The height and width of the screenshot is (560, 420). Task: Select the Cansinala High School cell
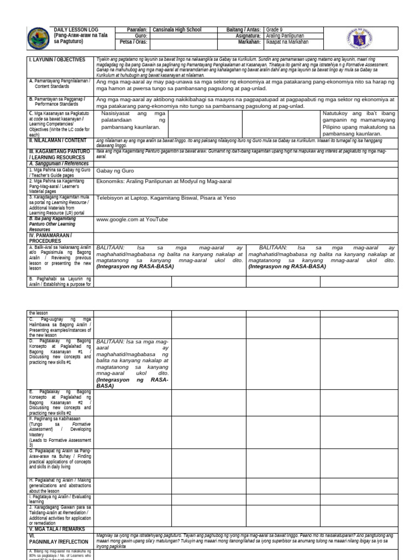coord(177,30)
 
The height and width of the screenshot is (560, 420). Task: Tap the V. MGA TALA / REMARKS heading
coord(55,529)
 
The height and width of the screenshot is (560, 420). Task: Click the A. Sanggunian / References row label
coord(59,163)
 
